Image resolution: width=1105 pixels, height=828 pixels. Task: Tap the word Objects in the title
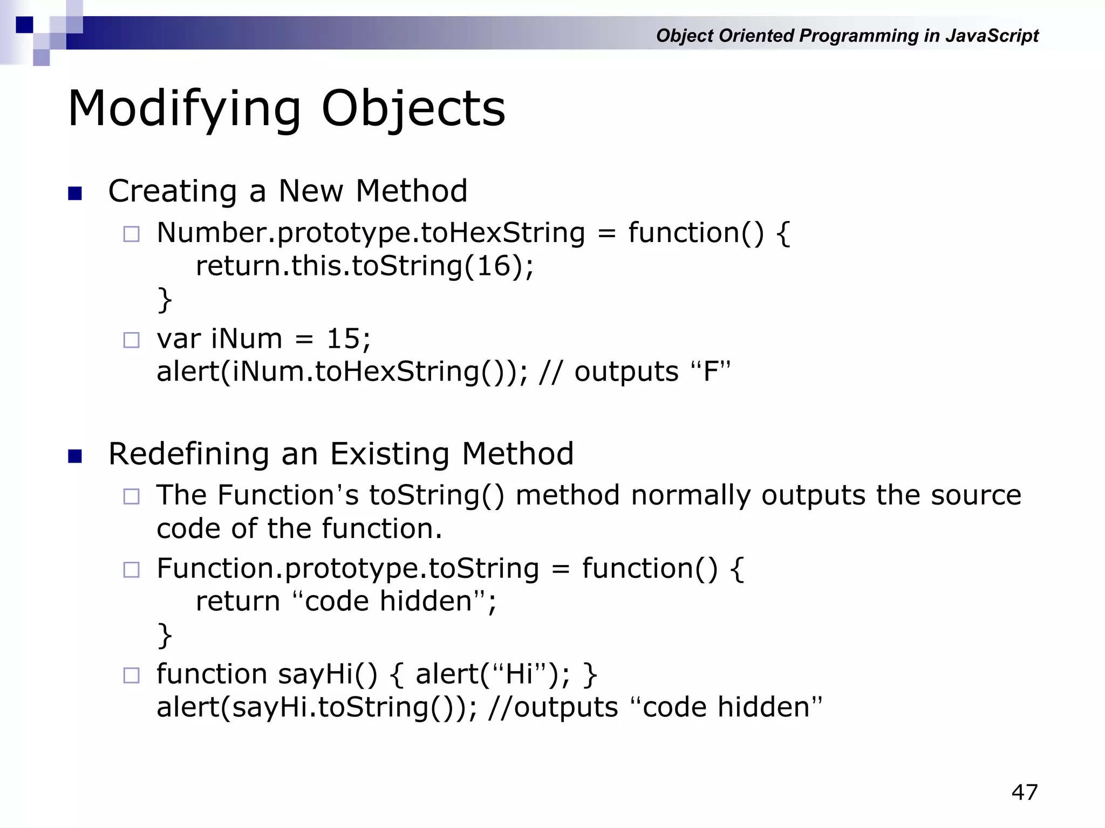tap(413, 109)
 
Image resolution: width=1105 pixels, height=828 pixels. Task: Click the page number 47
tap(1024, 792)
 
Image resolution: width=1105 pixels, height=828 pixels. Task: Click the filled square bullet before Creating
tap(75, 193)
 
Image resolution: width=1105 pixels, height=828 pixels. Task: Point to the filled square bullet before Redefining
tap(75, 456)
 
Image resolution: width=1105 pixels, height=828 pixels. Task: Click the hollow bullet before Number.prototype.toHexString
tap(131, 234)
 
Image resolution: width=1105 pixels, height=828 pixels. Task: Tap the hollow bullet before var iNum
tap(131, 340)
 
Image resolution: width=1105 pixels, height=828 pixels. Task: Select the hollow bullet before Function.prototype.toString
tap(131, 569)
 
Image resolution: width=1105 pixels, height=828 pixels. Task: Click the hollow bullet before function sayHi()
tap(131, 675)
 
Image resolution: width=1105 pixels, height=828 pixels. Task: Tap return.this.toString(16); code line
tap(365, 266)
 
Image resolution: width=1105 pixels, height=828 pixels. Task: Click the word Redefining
tap(189, 454)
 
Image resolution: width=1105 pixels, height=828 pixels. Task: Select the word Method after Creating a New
tap(411, 191)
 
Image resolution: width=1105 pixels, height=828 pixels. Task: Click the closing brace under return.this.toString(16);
tap(165, 300)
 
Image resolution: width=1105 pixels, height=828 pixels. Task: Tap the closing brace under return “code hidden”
tap(165, 635)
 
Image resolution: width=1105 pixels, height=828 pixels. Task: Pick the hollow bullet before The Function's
tap(131, 496)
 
